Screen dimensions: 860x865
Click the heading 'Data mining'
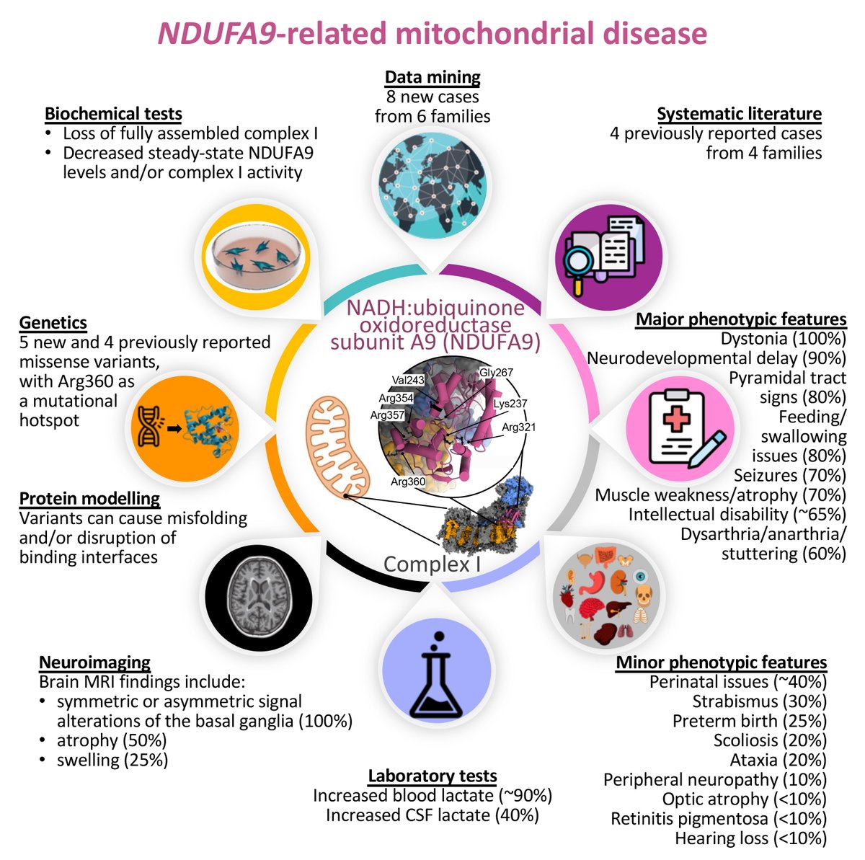[x=432, y=77]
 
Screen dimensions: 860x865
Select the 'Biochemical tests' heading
[x=113, y=113]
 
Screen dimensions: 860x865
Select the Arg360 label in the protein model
[x=408, y=480]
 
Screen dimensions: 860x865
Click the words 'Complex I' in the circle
[x=432, y=564]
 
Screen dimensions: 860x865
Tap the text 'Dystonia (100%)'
[x=783, y=339]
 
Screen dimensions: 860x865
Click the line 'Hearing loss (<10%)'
[x=750, y=838]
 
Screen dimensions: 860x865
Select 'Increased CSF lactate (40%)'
[x=432, y=815]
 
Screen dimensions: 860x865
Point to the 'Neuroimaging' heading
[x=94, y=662]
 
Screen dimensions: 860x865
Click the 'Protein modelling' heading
[x=89, y=498]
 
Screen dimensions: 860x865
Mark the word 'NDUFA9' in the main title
[x=216, y=34]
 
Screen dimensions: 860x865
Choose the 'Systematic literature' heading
[x=739, y=113]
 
